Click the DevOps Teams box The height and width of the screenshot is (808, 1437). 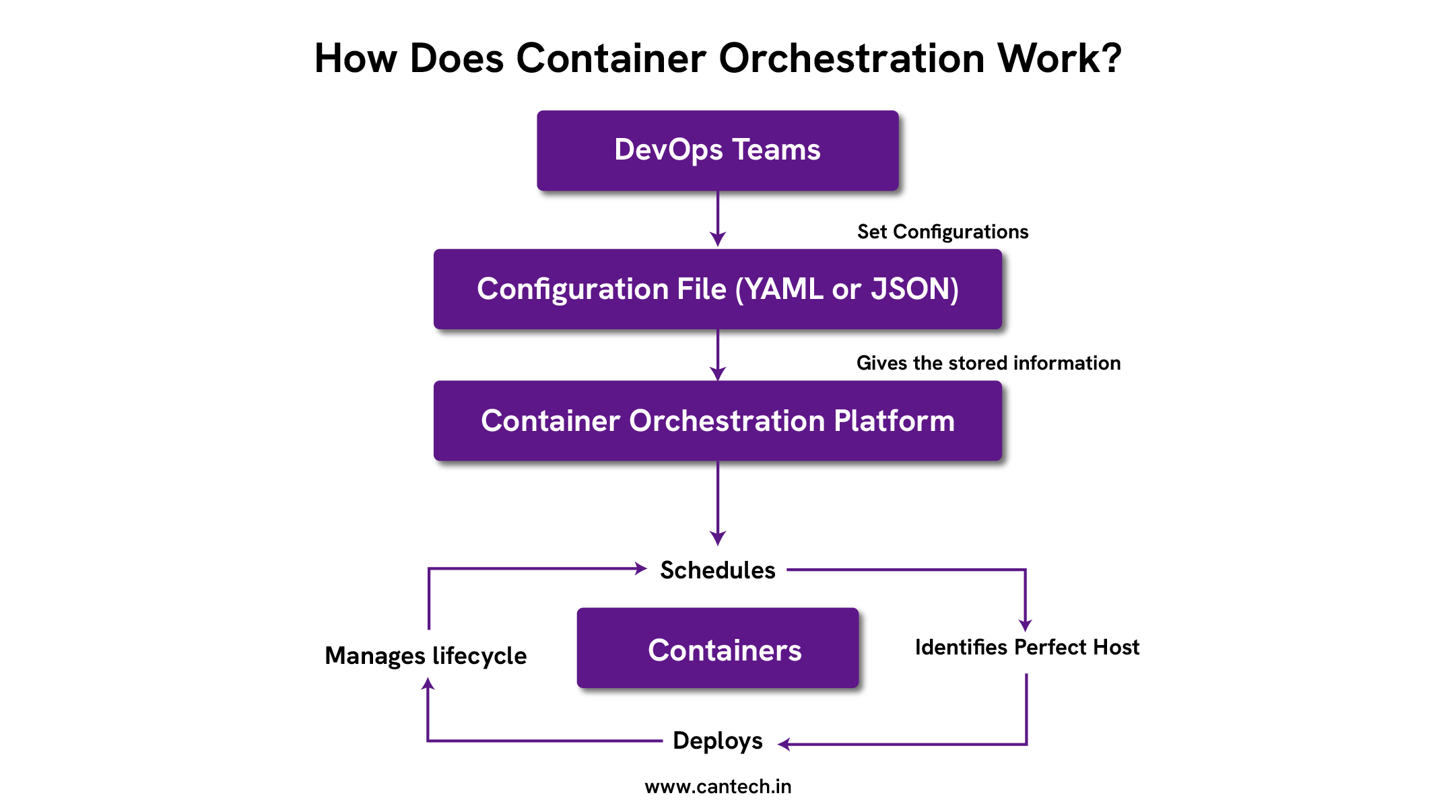(x=717, y=150)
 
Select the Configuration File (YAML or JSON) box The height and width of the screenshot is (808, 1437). (x=717, y=289)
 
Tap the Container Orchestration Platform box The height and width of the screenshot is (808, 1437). (x=717, y=421)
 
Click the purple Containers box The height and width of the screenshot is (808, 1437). (x=717, y=648)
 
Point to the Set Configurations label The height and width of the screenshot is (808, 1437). (x=942, y=232)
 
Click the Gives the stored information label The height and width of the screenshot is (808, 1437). (x=988, y=363)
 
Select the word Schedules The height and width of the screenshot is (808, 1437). (x=717, y=570)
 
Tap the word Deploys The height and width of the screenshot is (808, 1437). (x=717, y=741)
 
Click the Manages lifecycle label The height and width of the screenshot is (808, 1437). (x=426, y=655)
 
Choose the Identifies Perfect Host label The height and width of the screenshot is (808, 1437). (x=1026, y=647)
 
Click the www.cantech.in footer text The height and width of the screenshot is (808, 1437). (x=717, y=786)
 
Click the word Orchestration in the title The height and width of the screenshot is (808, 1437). (x=853, y=59)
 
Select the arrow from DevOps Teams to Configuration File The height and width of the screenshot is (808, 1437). (x=718, y=219)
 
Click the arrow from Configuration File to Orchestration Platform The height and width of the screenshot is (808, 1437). (x=718, y=355)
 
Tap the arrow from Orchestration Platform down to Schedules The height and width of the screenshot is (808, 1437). (x=718, y=504)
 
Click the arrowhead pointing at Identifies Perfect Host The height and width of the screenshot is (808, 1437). (x=1025, y=625)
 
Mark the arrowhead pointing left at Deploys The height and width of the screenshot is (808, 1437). (x=784, y=744)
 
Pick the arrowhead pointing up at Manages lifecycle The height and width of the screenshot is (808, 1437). (x=428, y=684)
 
